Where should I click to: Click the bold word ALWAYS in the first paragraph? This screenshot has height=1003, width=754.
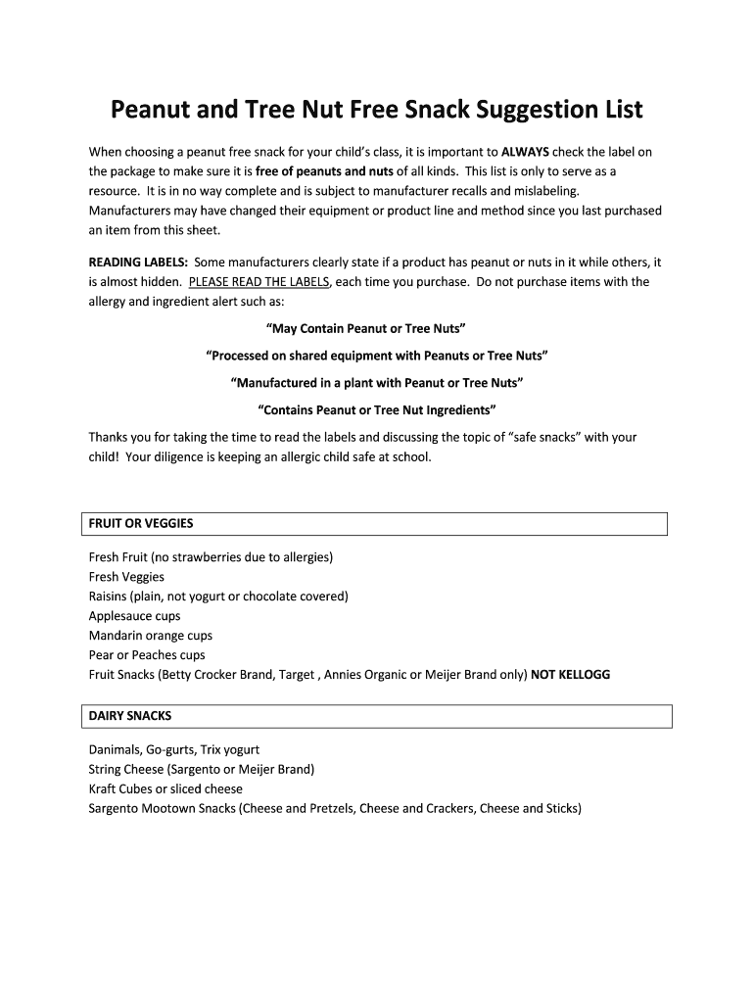click(x=525, y=152)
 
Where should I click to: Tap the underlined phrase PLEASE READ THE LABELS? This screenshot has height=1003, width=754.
click(x=260, y=282)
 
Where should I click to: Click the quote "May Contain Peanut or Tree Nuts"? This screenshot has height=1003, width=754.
click(x=377, y=328)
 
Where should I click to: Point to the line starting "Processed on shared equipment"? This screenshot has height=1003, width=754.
click(x=377, y=355)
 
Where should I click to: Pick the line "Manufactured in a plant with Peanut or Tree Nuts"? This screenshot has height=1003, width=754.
click(x=377, y=382)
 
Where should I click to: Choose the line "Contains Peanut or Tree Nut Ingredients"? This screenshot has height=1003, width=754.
click(x=377, y=408)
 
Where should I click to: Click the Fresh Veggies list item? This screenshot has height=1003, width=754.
click(x=126, y=577)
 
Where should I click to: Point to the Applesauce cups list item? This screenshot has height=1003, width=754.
click(x=134, y=616)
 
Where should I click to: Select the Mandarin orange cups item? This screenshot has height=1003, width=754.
click(x=150, y=636)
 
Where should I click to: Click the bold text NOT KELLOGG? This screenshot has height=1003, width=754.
click(x=570, y=675)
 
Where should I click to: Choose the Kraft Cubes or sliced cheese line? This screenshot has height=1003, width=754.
click(x=165, y=788)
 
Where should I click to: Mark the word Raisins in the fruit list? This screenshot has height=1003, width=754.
click(x=108, y=597)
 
